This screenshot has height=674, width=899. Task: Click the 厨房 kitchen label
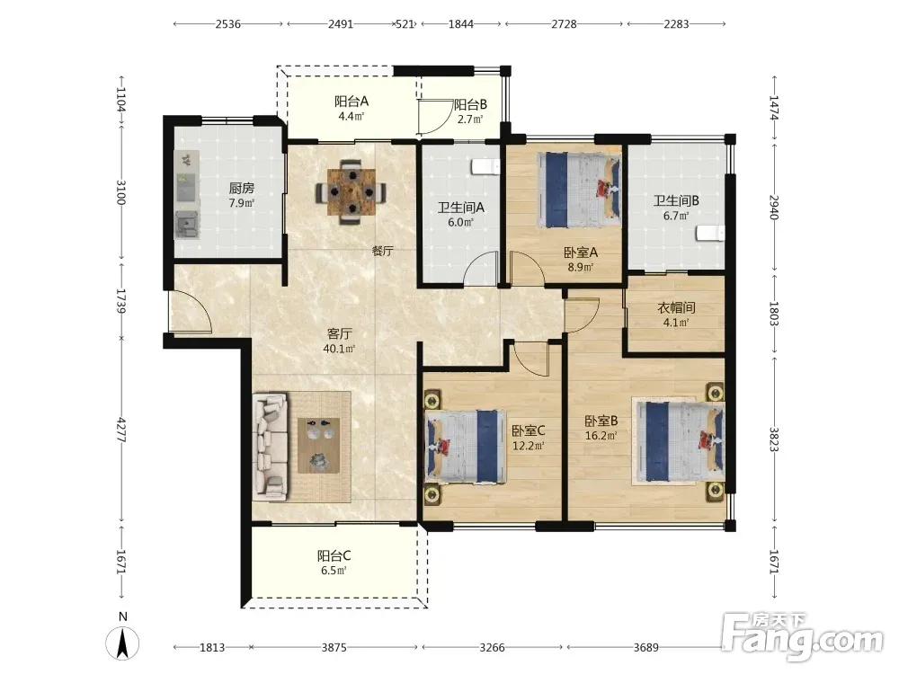click(x=241, y=188)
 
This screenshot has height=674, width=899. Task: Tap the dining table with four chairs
click(x=351, y=191)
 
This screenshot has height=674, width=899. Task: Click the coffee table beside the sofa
click(x=319, y=446)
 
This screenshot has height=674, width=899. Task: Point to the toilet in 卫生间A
click(x=485, y=167)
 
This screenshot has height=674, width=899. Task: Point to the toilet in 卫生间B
click(x=711, y=234)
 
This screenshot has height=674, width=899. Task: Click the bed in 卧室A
click(x=579, y=189)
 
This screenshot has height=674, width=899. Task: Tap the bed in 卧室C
click(x=465, y=446)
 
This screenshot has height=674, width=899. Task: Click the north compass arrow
click(x=122, y=643)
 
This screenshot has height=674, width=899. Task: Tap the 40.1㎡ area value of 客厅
click(x=339, y=349)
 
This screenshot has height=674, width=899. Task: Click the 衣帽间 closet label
click(x=676, y=307)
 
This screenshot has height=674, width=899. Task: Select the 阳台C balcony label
click(x=334, y=556)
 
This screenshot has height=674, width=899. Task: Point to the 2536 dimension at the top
click(x=227, y=24)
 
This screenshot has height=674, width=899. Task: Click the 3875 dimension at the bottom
click(x=334, y=648)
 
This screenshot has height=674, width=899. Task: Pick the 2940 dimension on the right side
click(x=774, y=208)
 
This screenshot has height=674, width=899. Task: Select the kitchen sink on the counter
click(x=185, y=224)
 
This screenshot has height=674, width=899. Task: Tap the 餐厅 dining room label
click(x=382, y=251)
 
